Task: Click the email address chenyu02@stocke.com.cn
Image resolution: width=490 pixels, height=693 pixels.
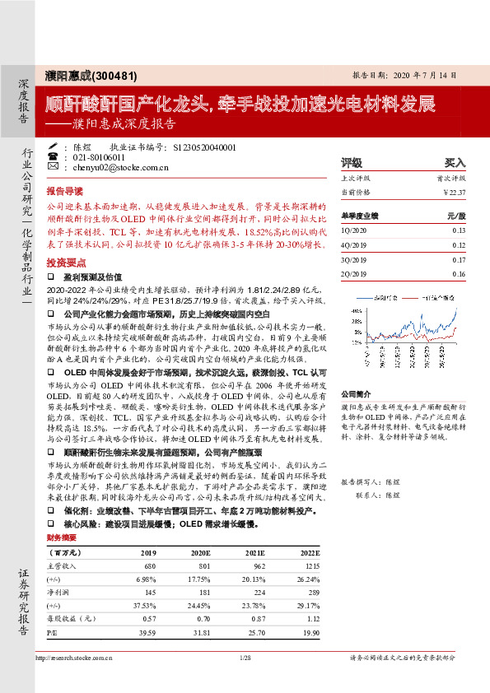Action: (121, 167)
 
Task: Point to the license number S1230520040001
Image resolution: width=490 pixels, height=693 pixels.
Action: (205, 147)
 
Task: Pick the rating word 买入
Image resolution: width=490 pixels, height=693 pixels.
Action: (455, 163)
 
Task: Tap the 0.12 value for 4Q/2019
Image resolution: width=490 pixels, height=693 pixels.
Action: (459, 244)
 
